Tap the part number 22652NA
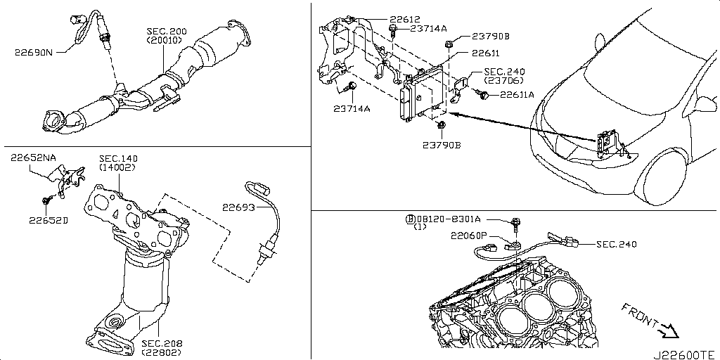33,158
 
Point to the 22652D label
49,219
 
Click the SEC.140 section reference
117,158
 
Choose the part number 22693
240,207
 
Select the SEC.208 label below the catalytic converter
161,343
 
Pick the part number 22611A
517,94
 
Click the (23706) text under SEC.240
502,81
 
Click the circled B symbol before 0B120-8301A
409,219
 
